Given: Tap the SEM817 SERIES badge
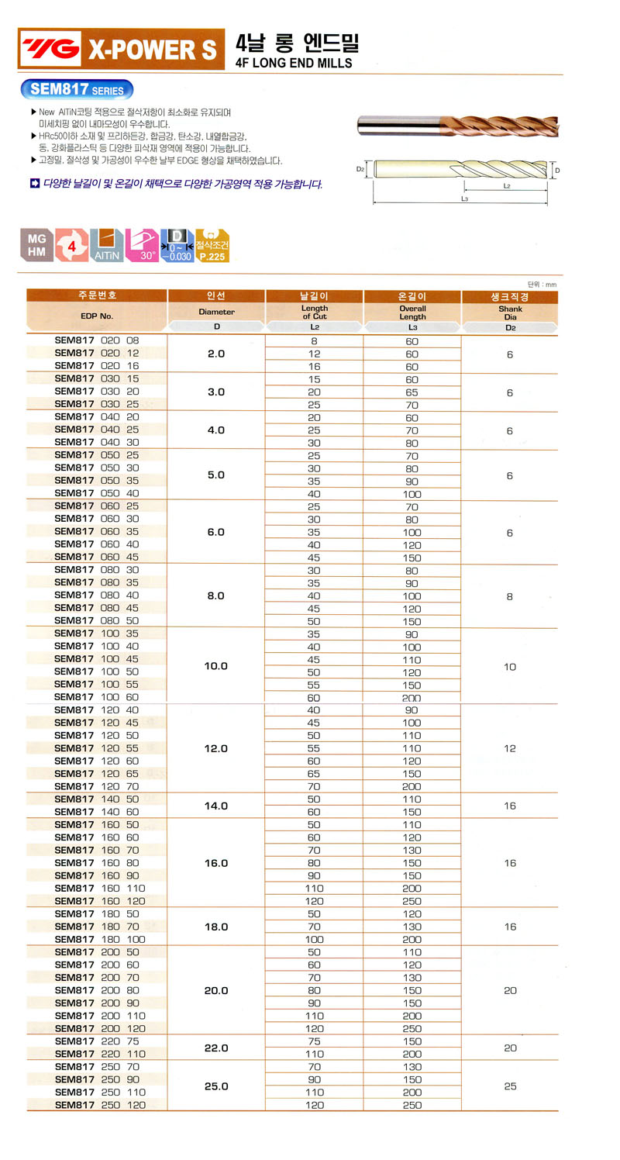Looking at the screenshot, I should (77, 90).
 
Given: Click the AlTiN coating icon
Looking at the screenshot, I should (107, 245).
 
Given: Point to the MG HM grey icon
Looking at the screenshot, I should (36, 245).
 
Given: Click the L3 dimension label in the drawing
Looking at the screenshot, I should (463, 199).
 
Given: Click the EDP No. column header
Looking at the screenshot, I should (97, 316).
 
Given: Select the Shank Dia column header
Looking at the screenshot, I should (509, 312).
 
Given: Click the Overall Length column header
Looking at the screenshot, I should (412, 312).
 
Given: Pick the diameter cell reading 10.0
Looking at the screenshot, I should (216, 666).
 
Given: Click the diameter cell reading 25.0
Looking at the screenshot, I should (216, 1086).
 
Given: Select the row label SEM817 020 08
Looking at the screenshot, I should (97, 340).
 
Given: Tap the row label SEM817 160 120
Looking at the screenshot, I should (100, 901).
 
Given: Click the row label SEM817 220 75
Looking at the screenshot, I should (97, 1041).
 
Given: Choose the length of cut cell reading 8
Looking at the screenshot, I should (314, 341).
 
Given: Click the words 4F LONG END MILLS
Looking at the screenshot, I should (294, 63).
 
